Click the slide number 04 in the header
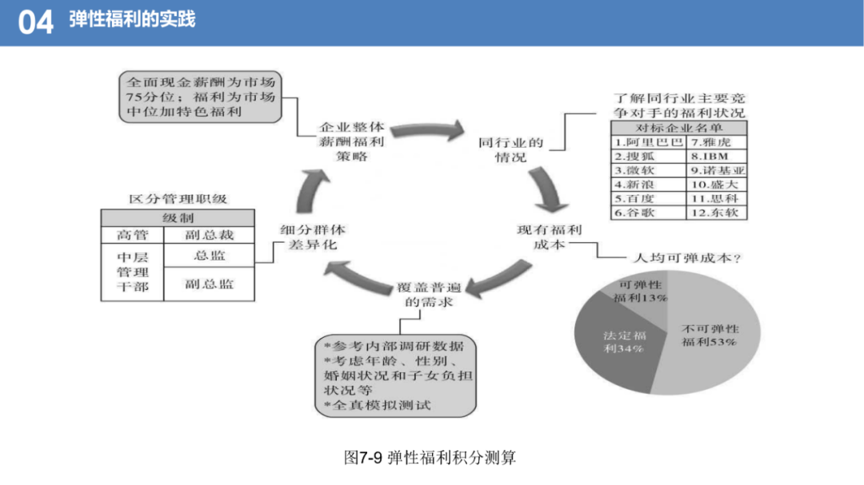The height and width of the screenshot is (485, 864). point(36,22)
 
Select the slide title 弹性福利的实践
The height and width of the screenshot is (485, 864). point(132,19)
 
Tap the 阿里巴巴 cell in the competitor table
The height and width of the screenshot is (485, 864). point(649,142)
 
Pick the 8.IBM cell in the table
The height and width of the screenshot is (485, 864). point(716,157)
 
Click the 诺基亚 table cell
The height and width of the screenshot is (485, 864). point(716,171)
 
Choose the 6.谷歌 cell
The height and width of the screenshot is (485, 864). point(649,213)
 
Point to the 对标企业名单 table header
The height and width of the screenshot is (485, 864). point(679,129)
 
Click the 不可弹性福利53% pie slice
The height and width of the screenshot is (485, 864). point(711,336)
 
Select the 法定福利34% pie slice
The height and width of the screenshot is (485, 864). point(620,341)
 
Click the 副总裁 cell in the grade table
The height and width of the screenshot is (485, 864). point(210,235)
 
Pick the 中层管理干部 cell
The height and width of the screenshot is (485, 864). point(132,272)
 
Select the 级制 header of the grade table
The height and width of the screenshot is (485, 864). point(178,218)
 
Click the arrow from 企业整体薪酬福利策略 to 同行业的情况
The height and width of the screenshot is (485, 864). point(428,130)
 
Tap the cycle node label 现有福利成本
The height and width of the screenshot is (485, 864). point(549,237)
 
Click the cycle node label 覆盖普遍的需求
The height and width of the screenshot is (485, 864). point(429,295)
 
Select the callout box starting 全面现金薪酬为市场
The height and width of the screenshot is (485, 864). point(200,97)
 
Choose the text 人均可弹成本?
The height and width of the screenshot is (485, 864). point(687,257)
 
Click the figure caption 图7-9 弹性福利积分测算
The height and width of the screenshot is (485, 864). point(430,458)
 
